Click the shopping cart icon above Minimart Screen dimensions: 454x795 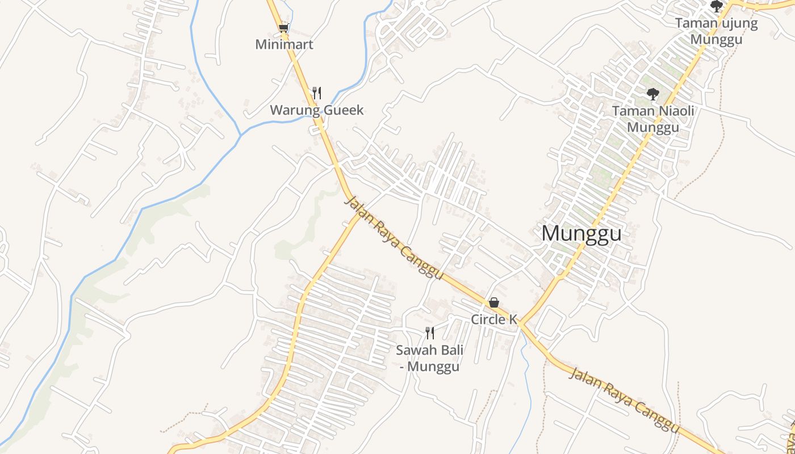284,28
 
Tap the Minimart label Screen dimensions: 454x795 284,44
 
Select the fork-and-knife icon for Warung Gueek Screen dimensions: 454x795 317,93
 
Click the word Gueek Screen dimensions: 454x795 343,110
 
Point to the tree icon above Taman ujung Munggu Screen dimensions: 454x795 717,6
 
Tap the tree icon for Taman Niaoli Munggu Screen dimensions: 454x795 652,94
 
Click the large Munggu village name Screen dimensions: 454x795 581,233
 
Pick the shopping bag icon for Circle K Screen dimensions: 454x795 494,302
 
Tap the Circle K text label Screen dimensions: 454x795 494,320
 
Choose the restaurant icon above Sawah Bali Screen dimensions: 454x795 430,333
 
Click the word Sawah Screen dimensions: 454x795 414,350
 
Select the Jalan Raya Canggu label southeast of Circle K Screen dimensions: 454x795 625,401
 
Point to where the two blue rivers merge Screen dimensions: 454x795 241,134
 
